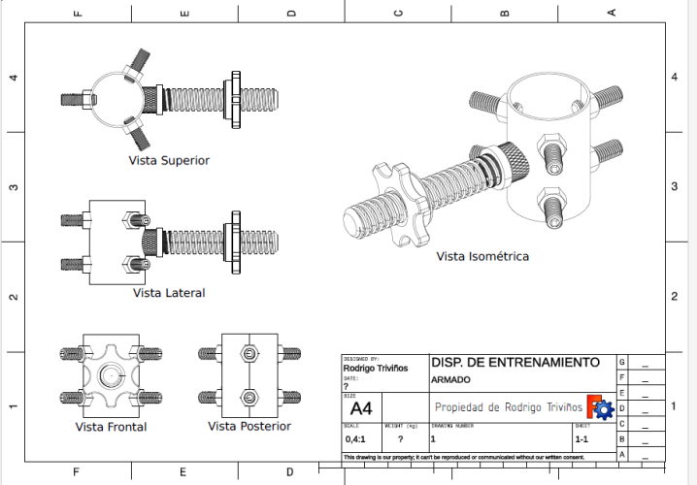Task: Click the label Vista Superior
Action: click(169, 160)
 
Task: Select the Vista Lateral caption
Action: click(169, 292)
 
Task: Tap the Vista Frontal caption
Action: click(111, 426)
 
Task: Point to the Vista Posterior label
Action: click(249, 426)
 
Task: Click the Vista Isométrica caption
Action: click(481, 256)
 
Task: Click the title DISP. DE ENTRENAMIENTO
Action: click(514, 362)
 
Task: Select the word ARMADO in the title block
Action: click(450, 379)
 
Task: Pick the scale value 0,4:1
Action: click(354, 439)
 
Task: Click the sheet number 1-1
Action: click(581, 439)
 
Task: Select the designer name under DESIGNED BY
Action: click(376, 368)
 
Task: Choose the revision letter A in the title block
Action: click(621, 454)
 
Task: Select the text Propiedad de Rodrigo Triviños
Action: click(508, 407)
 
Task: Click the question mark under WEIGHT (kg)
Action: click(399, 439)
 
